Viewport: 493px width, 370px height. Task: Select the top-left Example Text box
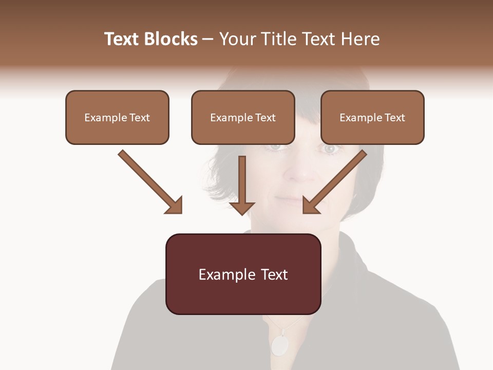[x=117, y=117]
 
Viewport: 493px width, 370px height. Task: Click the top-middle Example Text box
[x=243, y=117]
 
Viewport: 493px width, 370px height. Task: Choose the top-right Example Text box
[x=372, y=117]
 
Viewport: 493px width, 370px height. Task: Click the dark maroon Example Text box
[x=243, y=274]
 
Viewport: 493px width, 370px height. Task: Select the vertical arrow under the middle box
[x=242, y=185]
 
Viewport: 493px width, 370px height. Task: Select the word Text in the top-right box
[x=394, y=117]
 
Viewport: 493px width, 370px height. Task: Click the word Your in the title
[x=237, y=39]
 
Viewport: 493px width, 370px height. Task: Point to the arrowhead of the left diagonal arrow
[x=174, y=205]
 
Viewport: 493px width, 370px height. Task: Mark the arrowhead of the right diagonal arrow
[x=311, y=205]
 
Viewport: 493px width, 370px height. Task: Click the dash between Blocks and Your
[x=208, y=39]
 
